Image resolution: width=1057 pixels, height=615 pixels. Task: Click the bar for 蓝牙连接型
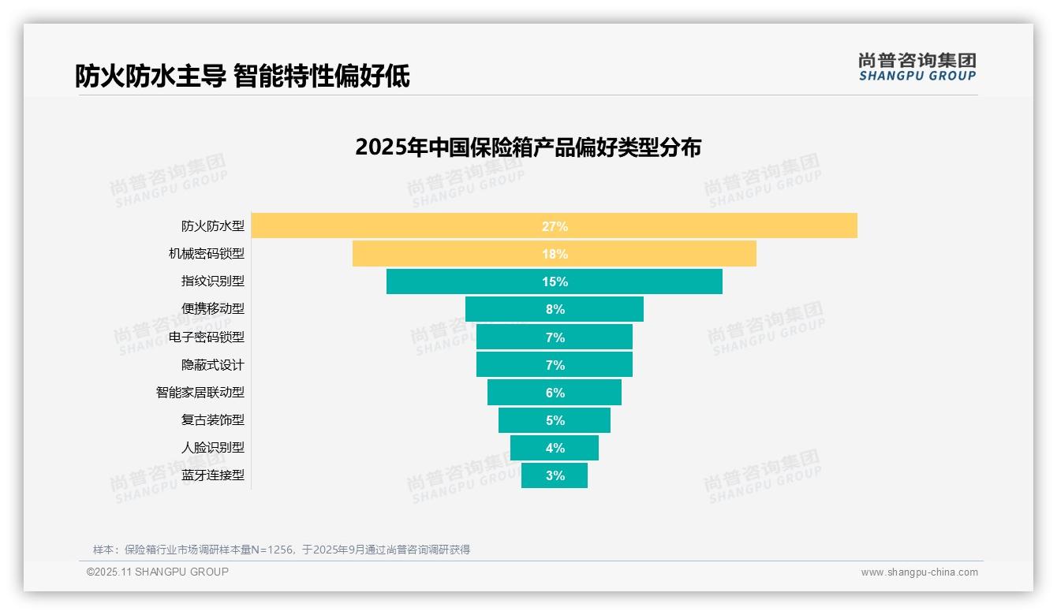click(x=536, y=475)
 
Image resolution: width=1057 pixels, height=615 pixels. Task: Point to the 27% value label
click(x=555, y=226)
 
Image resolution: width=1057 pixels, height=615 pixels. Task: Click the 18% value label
click(x=555, y=254)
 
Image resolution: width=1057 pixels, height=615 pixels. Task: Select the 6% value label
click(x=555, y=393)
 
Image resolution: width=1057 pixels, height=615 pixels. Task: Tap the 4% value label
click(x=555, y=448)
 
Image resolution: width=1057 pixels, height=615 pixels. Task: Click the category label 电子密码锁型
click(x=207, y=337)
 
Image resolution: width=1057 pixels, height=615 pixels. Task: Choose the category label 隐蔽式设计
click(x=213, y=365)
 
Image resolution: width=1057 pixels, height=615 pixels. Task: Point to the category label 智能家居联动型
click(x=200, y=392)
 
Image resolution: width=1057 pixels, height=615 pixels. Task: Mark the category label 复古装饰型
click(x=213, y=419)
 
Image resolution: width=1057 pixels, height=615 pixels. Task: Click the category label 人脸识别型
click(x=213, y=447)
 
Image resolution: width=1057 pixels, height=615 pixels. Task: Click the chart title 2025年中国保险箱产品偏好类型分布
click(x=528, y=147)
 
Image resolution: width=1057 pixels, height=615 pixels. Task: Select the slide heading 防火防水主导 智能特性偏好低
click(x=242, y=76)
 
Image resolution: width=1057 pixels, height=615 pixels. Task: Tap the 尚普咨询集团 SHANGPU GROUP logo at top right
click(x=917, y=67)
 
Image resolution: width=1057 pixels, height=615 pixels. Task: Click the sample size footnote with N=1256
click(x=282, y=550)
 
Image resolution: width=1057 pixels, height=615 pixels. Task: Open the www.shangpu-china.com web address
click(x=919, y=572)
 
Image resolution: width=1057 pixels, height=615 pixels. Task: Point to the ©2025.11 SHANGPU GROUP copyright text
click(x=158, y=572)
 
